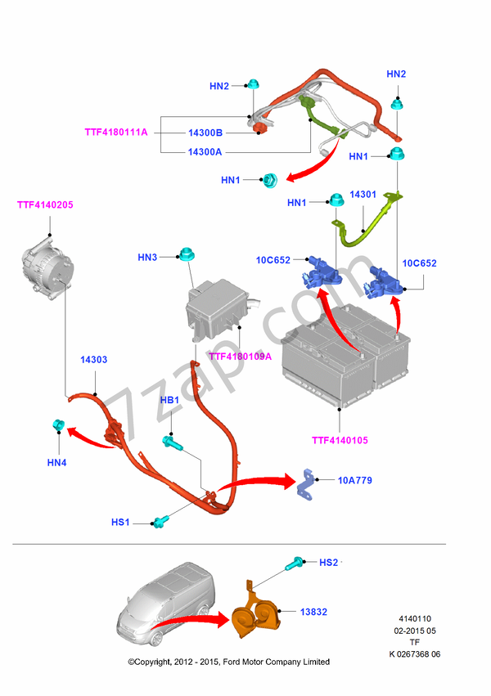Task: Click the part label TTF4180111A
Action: pyautogui.click(x=115, y=132)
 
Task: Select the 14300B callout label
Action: pyautogui.click(x=205, y=132)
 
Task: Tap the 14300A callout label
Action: pyautogui.click(x=205, y=151)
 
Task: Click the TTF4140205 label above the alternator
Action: pyautogui.click(x=45, y=204)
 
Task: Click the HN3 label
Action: pyautogui.click(x=147, y=258)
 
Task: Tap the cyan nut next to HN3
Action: pyautogui.click(x=185, y=254)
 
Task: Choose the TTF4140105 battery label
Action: pyautogui.click(x=340, y=441)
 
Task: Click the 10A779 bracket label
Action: pyautogui.click(x=354, y=480)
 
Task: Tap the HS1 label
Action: pyautogui.click(x=120, y=522)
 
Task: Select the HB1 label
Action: pyautogui.click(x=169, y=400)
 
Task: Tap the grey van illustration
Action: pyautogui.click(x=168, y=601)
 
